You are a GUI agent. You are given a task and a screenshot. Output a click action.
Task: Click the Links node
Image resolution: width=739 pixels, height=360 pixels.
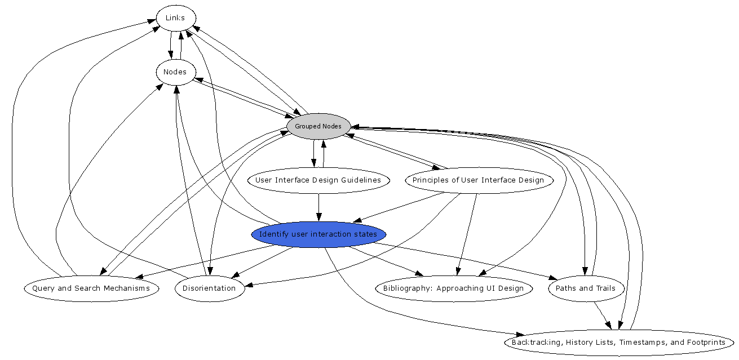point(175,18)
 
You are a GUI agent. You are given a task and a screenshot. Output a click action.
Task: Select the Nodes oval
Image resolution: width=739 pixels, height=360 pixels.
point(175,72)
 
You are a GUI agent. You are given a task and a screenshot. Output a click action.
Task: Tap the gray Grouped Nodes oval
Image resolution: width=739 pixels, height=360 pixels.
point(318,126)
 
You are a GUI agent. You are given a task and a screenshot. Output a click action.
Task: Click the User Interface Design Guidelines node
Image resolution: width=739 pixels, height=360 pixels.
point(318,180)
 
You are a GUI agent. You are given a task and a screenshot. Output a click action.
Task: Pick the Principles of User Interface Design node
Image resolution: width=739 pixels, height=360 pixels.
point(478,180)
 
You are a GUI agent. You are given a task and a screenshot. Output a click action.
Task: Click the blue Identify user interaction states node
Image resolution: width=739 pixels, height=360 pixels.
point(318,234)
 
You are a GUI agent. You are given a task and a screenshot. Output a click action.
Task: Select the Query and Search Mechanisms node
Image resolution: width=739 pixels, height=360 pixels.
point(91,288)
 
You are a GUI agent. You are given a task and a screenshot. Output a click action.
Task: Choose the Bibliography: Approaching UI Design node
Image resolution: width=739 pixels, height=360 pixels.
point(453,288)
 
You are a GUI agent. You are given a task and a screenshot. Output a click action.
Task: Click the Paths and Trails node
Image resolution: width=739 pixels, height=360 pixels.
point(586,288)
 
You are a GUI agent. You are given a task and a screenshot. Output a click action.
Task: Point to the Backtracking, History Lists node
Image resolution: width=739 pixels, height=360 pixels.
point(618,343)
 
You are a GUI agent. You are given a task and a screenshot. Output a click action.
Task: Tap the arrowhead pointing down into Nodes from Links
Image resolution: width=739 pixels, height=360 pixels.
point(171,55)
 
